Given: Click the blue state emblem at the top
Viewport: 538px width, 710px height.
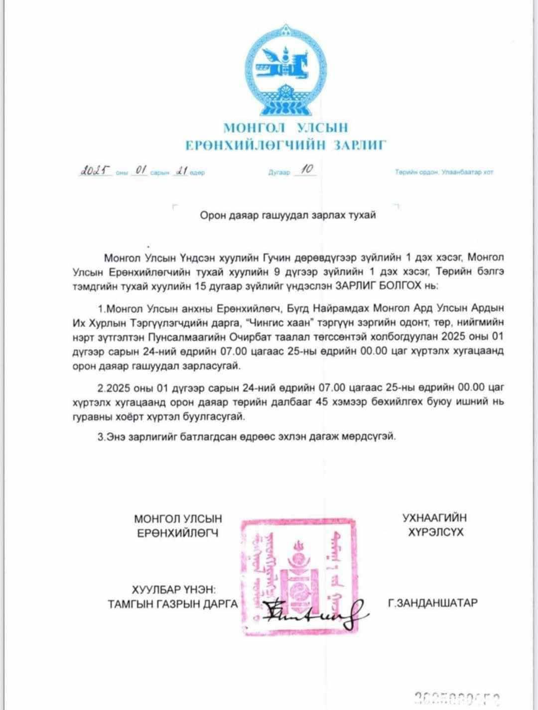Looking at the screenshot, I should coord(284,69).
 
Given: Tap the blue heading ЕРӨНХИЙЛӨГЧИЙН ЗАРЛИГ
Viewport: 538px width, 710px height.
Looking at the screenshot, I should coord(285,145).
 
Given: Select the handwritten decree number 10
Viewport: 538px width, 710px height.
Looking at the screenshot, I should coord(306,170).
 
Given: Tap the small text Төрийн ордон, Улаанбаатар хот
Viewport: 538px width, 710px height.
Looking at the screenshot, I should coord(444,172).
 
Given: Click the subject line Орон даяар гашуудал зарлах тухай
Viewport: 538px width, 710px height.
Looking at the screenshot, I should coord(287,216).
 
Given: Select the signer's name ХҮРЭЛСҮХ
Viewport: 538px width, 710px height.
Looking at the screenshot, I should coord(435,532).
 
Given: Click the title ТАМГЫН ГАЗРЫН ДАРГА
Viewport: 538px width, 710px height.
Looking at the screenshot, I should coord(173,604).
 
